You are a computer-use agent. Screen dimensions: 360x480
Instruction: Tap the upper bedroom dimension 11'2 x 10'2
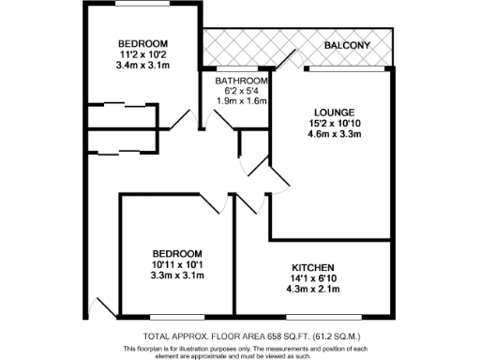tap(142, 55)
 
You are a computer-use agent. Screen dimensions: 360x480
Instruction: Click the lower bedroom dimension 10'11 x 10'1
tap(178, 264)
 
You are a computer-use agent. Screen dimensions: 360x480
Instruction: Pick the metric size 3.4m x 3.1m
tap(142, 67)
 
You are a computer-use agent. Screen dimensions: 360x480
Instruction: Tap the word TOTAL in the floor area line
tap(157, 336)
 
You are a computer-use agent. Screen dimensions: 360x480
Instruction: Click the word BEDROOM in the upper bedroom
tap(142, 44)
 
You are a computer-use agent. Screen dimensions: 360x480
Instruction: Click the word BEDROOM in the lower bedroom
tap(178, 253)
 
